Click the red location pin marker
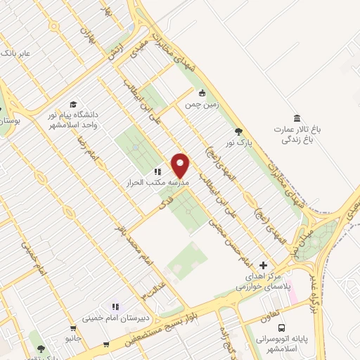(181, 165)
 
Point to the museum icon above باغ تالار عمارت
(297, 117)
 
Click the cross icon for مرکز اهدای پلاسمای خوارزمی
(263, 265)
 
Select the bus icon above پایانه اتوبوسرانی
(282, 328)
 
